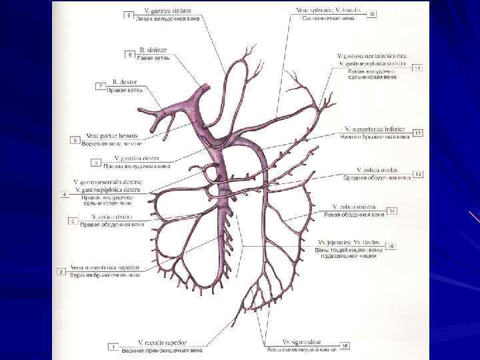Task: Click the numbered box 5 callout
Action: [128, 15]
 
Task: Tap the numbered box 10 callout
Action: [372, 14]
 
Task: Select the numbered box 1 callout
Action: [114, 347]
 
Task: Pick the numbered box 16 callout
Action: [345, 345]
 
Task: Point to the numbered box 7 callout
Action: [100, 87]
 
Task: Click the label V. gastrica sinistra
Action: [164, 11]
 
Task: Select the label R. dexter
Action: [125, 82]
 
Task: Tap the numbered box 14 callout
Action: [393, 211]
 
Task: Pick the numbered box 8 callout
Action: [130, 53]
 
